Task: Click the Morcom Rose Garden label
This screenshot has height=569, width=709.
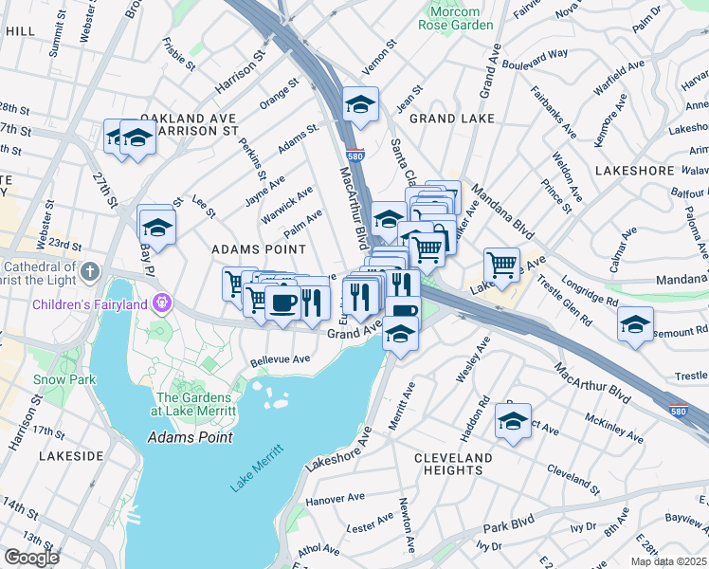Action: tap(456, 17)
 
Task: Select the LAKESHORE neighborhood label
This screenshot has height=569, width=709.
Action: tap(634, 170)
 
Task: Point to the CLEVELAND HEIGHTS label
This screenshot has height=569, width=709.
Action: tap(453, 464)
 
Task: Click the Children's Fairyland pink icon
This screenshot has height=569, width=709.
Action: tap(162, 303)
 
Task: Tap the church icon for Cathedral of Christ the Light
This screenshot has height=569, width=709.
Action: tap(89, 272)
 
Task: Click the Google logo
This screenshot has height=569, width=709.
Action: tap(30, 558)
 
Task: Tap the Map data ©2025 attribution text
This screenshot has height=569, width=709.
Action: tap(669, 561)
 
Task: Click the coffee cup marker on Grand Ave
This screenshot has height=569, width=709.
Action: tap(283, 302)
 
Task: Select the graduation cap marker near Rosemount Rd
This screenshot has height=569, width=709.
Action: tap(635, 323)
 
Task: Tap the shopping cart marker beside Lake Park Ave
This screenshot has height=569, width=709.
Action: tap(501, 264)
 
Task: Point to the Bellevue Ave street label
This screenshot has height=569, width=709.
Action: tap(281, 360)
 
